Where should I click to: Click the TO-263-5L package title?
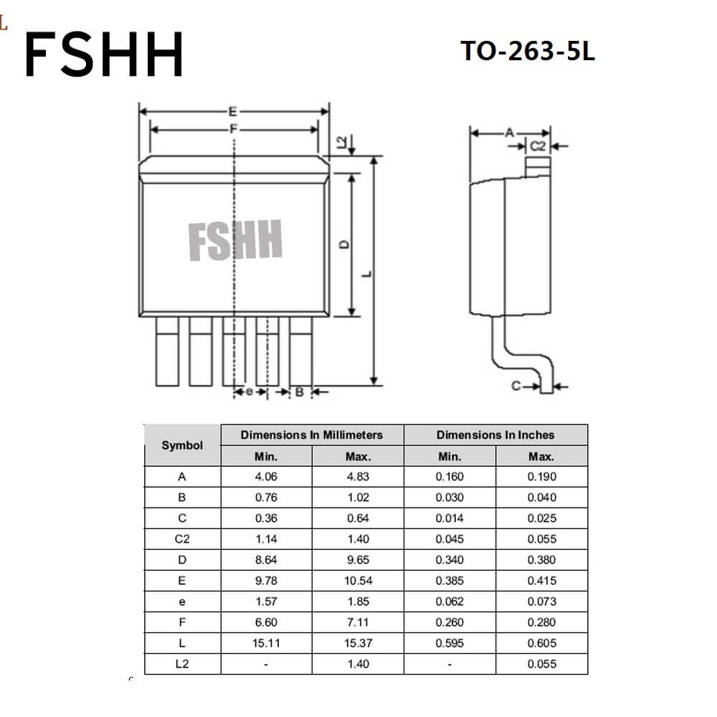tap(527, 51)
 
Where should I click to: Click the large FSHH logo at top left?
tap(103, 54)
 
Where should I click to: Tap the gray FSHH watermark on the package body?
tap(235, 239)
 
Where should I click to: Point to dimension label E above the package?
tap(233, 112)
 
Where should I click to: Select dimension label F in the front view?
tap(234, 129)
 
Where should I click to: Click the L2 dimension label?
tap(341, 142)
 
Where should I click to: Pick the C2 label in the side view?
tap(538, 146)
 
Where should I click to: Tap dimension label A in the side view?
tap(510, 133)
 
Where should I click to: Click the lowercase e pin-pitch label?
tap(250, 391)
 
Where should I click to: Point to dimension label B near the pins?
tap(300, 392)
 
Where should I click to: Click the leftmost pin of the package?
tap(167, 351)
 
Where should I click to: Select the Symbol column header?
tap(182, 445)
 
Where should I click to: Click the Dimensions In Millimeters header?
tap(312, 435)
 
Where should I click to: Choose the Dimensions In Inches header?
tap(495, 435)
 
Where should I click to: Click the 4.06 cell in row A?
tap(266, 477)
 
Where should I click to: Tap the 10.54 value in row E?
tap(358, 581)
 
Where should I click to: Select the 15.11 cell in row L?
tap(266, 643)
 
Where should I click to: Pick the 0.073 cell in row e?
tap(542, 602)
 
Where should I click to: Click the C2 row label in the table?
tap(182, 539)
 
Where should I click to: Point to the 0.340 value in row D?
tap(450, 560)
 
